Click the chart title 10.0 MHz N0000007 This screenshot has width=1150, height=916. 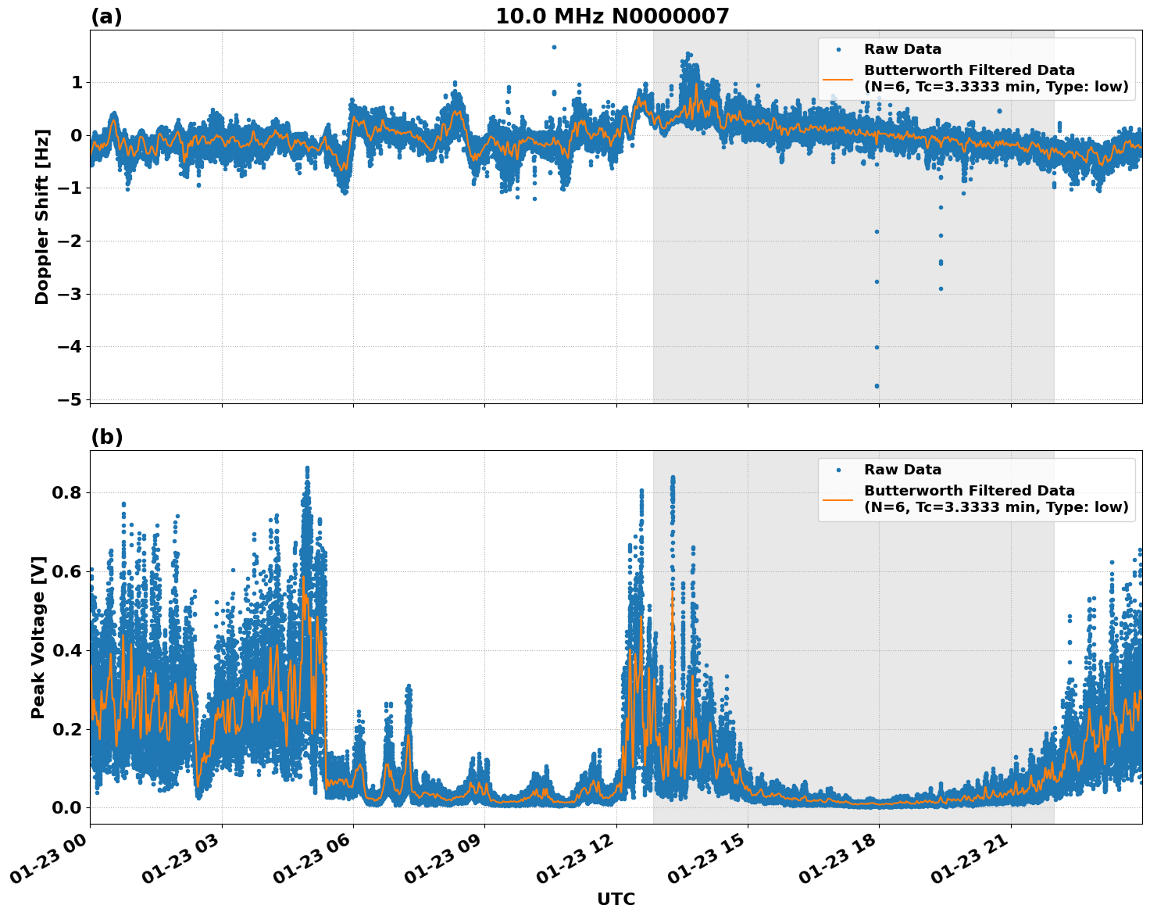point(612,16)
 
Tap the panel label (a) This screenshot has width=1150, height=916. point(106,16)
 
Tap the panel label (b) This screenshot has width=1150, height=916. point(106,437)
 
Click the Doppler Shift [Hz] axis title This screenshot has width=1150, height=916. point(42,216)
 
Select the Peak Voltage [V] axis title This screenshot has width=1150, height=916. point(38,637)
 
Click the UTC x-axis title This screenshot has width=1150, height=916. point(616,899)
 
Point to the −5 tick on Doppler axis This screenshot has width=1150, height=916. point(70,399)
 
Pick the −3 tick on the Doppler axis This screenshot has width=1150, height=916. point(70,294)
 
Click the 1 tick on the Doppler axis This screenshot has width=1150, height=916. point(77,83)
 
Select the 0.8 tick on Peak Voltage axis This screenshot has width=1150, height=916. point(67,493)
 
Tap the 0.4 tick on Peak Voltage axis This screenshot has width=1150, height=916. point(67,650)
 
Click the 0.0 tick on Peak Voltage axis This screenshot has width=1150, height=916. point(67,807)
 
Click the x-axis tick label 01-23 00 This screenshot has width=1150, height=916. point(49,864)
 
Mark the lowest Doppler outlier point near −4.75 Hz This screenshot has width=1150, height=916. point(877,385)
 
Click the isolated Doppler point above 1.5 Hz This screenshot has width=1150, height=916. point(554,47)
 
